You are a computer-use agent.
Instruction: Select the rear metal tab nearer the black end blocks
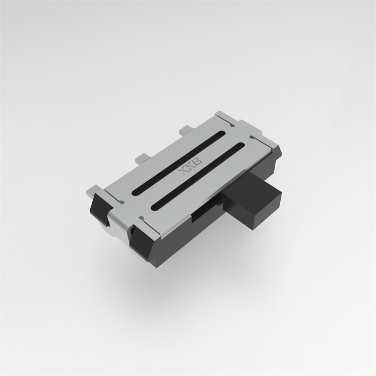tap(142, 157)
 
